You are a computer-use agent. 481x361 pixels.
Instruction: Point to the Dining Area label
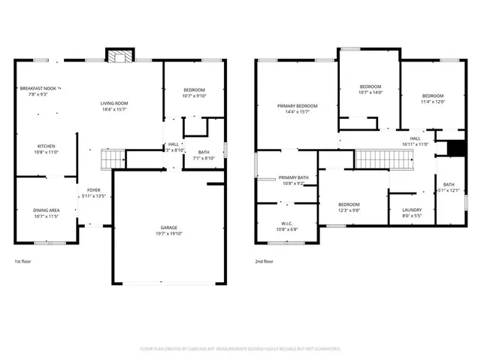click(x=47, y=210)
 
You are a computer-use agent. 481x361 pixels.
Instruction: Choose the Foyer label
click(x=94, y=190)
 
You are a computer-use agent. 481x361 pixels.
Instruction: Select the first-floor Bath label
click(x=204, y=152)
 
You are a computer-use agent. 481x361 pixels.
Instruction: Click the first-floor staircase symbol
click(x=113, y=159)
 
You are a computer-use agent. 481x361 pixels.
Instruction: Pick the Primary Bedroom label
click(x=297, y=106)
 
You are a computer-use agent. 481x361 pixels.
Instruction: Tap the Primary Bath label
click(x=293, y=177)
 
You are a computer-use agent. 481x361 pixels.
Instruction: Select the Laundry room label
click(x=412, y=210)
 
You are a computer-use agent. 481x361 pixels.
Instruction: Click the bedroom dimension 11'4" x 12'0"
click(x=433, y=102)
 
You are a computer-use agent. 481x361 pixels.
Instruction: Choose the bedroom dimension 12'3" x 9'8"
click(x=349, y=211)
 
